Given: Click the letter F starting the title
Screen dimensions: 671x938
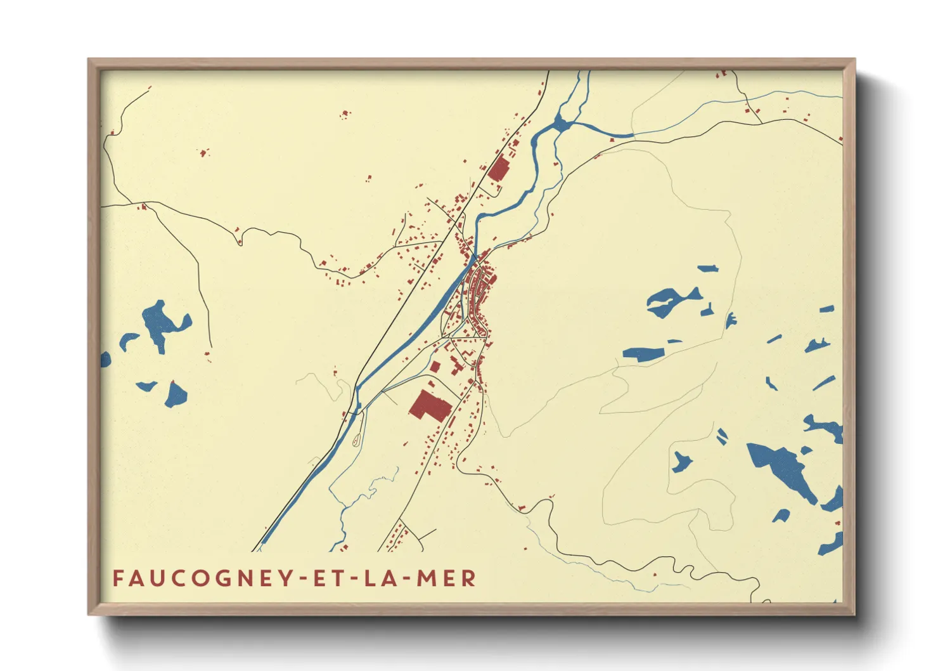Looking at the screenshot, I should pos(118,578).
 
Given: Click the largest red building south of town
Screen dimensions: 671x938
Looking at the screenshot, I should pos(428,406).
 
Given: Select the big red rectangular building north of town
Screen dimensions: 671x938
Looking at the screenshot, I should pos(499,169).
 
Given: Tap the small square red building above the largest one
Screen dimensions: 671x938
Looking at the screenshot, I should pos(435,367).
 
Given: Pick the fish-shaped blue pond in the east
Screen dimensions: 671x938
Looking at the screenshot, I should pos(672,301).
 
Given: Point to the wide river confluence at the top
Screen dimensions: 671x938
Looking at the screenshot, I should pos(561,124).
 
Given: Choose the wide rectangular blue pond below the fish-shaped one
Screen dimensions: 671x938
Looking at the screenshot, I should pos(643,354).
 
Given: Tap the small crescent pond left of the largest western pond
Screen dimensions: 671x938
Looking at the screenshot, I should pos(129,340).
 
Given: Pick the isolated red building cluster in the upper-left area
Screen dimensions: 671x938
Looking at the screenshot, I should pos(345,115).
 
